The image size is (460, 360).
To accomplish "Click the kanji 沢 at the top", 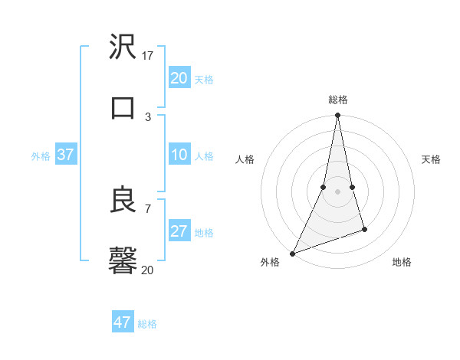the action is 123,47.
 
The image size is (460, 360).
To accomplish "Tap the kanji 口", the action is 123,107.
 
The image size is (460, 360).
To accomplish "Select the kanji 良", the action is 123,200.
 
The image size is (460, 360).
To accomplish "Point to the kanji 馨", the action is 123,260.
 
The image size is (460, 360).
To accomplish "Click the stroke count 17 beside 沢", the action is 148,55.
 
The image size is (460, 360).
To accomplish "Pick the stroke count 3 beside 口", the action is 148,116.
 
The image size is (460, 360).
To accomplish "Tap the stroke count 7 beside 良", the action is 148,208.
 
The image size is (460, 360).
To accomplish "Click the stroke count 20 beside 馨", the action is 148,270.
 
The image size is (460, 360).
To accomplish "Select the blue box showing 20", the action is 179,78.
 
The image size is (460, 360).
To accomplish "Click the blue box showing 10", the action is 179,155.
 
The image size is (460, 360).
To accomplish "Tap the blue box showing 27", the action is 179,231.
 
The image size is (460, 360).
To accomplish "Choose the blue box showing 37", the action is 65,155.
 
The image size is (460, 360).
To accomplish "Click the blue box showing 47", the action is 123,322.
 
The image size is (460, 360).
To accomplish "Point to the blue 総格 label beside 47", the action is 148,324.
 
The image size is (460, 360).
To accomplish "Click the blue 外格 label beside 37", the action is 41,156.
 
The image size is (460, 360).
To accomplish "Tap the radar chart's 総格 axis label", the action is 337,100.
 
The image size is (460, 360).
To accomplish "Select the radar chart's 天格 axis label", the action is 431,159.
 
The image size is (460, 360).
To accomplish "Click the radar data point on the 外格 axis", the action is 292,254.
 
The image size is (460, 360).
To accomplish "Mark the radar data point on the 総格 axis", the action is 337,116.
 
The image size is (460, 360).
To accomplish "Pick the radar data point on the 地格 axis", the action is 364,229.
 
